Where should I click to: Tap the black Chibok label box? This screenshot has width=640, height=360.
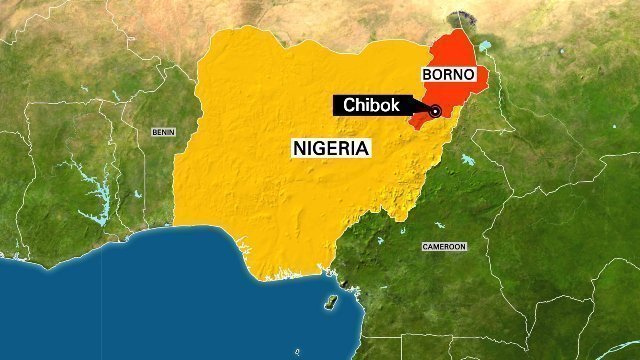[x=378, y=105]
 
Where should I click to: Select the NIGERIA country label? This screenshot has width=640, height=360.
[x=332, y=148]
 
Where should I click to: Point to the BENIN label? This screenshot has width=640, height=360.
[x=162, y=132]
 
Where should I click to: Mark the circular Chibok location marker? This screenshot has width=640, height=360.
[x=436, y=111]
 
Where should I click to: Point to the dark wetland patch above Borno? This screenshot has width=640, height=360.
[x=462, y=17]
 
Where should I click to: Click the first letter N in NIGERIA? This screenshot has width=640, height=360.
[x=298, y=148]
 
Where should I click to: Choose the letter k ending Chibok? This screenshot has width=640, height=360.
[x=404, y=105]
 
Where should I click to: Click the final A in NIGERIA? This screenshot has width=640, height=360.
[x=365, y=148]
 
